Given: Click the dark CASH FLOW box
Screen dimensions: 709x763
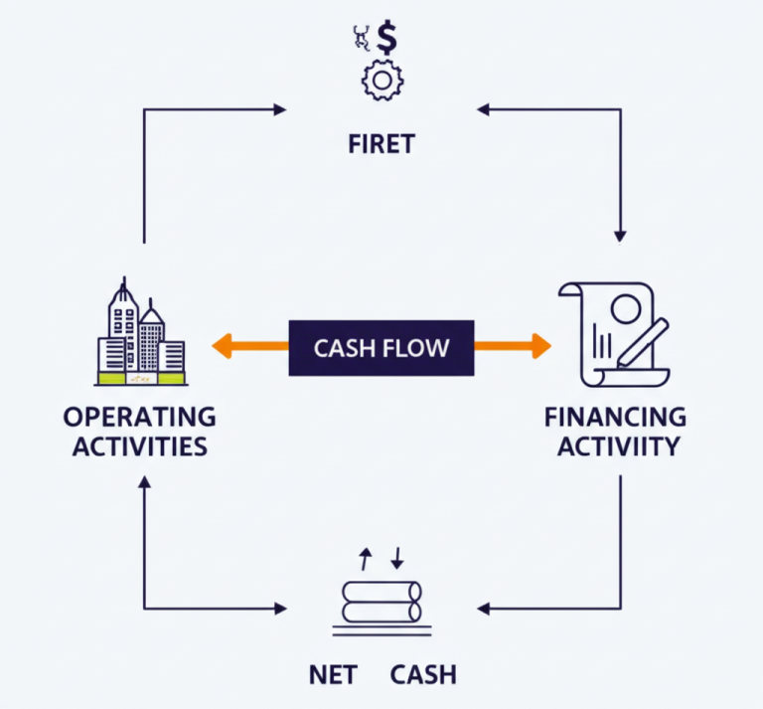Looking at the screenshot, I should tap(381, 348).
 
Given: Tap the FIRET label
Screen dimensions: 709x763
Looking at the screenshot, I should tap(381, 144).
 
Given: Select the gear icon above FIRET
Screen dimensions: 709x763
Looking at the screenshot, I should tap(381, 81).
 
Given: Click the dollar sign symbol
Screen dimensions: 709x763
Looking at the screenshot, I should tap(388, 41).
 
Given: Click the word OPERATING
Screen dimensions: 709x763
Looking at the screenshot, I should tap(139, 416).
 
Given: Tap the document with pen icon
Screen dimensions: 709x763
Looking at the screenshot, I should tap(613, 333).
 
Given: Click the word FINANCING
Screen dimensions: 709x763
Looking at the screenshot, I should tap(615, 416).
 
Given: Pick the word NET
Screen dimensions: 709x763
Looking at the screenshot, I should tap(333, 674).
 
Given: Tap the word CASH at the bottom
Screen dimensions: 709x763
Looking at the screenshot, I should tap(423, 674).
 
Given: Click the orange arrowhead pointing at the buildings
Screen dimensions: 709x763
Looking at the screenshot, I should tap(221, 346).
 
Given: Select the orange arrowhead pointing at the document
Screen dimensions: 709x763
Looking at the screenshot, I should tap(541, 346).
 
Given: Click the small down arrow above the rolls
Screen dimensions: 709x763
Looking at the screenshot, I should tap(396, 559).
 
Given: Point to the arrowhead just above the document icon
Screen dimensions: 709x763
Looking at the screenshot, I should tap(620, 236).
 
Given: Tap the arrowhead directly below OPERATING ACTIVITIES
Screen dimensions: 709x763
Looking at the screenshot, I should tap(144, 482).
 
